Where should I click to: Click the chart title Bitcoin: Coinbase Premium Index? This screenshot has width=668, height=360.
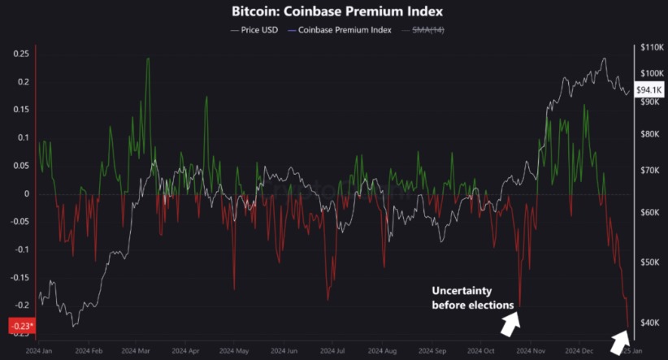(333, 12)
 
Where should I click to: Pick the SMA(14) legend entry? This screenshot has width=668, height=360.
(428, 30)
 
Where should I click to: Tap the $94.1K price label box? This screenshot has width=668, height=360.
(647, 91)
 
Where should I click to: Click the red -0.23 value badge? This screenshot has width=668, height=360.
(20, 326)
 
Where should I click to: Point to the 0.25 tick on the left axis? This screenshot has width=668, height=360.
(21, 54)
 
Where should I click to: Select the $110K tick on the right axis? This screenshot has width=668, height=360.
(652, 48)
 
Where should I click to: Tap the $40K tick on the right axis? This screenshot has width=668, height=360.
(650, 323)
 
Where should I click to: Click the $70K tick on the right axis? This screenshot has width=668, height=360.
(650, 171)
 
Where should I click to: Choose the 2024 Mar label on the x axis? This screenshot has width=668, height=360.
(136, 352)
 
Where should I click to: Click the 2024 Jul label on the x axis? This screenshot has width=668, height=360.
(333, 352)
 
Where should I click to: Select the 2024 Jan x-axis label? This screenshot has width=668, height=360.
(38, 352)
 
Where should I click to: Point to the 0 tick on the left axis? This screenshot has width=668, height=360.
(27, 193)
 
